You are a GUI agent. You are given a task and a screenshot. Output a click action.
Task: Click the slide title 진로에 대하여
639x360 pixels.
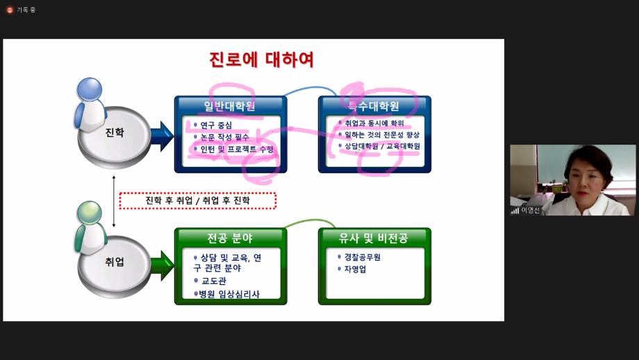[262, 60]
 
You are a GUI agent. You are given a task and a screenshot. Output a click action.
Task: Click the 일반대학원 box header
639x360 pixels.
[230, 106]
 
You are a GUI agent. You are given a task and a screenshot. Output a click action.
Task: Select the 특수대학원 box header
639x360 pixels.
[374, 106]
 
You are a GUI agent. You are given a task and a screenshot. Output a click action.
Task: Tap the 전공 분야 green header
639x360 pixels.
[230, 238]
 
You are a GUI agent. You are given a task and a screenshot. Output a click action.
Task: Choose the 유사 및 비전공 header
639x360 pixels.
[374, 238]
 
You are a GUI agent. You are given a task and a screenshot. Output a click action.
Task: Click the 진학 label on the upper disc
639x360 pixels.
[114, 132]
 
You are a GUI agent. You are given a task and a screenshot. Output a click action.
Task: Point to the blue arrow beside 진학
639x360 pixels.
[161, 135]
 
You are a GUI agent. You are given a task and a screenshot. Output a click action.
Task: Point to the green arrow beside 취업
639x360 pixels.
[161, 265]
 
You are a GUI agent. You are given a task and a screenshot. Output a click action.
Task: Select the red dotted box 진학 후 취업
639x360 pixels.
[197, 201]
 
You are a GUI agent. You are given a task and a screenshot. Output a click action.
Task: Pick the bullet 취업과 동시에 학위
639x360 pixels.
[374, 123]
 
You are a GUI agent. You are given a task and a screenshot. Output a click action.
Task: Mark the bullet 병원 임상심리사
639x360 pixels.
[229, 294]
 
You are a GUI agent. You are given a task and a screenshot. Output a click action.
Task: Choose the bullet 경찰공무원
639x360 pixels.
[362, 257]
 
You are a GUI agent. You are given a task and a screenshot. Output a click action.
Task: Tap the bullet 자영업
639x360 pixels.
[354, 269]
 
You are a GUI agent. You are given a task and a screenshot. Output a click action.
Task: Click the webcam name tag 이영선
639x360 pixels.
[530, 210]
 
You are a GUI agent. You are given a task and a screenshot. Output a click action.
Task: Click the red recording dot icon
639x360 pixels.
[10, 10]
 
